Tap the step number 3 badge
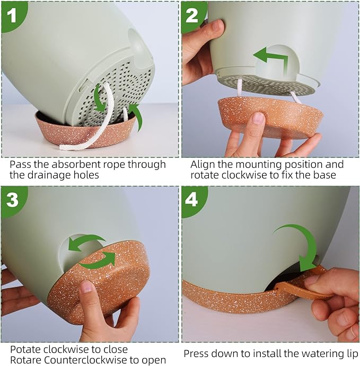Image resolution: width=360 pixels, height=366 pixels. coord(12,199)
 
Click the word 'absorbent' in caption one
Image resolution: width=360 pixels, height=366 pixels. coord(76,164)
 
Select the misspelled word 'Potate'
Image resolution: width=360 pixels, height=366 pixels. coord(25,350)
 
